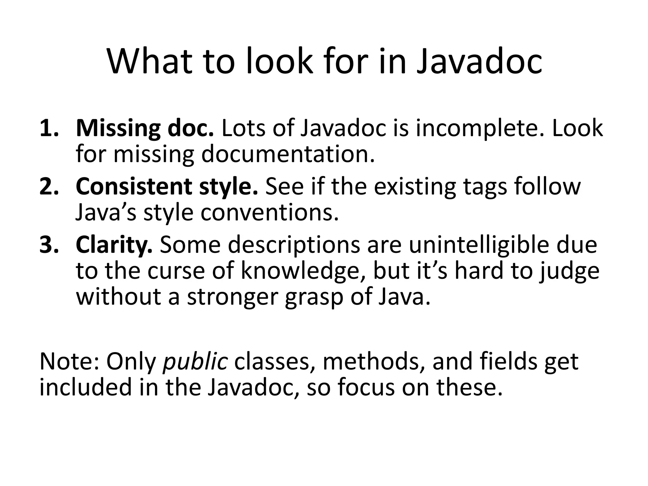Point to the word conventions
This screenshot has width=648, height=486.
[269, 213]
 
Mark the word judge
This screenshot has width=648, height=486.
[569, 272]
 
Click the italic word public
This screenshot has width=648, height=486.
[195, 362]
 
